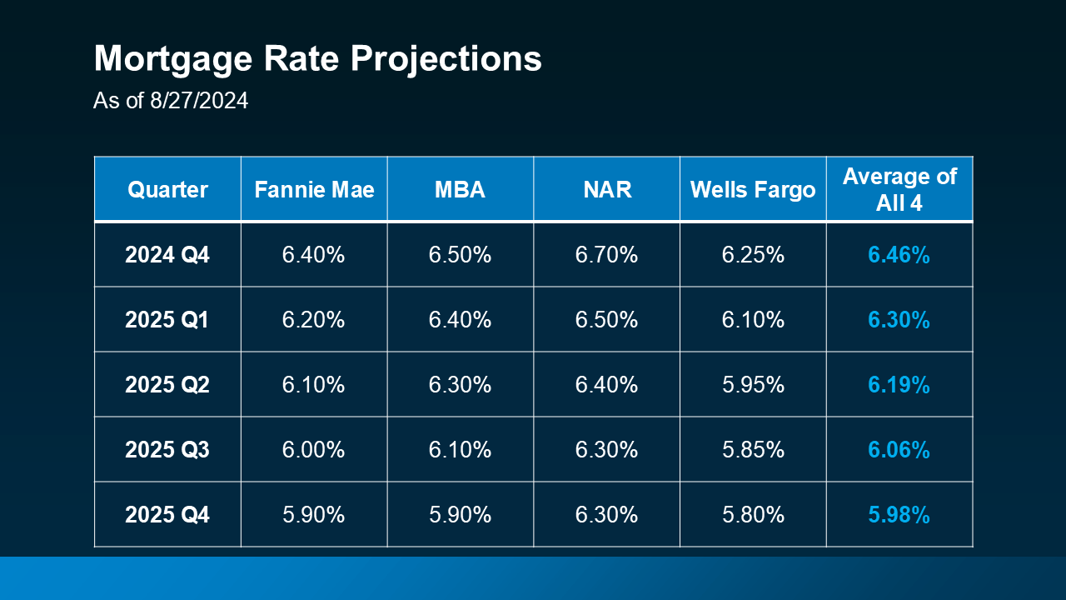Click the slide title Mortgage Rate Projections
click(x=317, y=60)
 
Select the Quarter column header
click(x=167, y=189)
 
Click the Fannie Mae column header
click(x=314, y=189)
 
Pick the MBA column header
click(x=460, y=189)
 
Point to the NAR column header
click(x=606, y=189)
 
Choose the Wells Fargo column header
click(x=753, y=189)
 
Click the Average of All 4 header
click(x=899, y=189)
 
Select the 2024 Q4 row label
click(x=167, y=255)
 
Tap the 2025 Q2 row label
click(x=167, y=385)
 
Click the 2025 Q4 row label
click(x=167, y=515)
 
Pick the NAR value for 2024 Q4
click(x=606, y=255)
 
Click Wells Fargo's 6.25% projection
click(x=753, y=255)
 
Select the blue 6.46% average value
click(x=899, y=255)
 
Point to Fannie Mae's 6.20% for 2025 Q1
click(x=314, y=320)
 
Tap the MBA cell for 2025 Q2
click(x=460, y=385)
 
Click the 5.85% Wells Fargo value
click(x=753, y=450)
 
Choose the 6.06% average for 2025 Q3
click(x=899, y=450)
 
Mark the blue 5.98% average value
click(x=899, y=515)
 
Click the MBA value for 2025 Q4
click(x=460, y=515)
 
